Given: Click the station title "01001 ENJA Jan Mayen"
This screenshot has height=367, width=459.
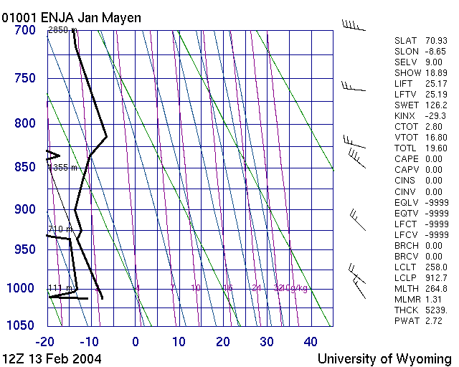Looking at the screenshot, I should pyautogui.click(x=72, y=17).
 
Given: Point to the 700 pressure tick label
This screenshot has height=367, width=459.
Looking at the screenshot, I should pyautogui.click(x=24, y=30).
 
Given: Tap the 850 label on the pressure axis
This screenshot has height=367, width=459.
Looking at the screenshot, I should pyautogui.click(x=24, y=167).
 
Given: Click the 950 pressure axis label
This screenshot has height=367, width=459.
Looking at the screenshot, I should pyautogui.click(x=24, y=249).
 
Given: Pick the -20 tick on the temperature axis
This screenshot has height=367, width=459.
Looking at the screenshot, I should pyautogui.click(x=47, y=341).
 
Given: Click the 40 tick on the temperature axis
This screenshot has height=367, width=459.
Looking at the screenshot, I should pyautogui.click(x=311, y=341).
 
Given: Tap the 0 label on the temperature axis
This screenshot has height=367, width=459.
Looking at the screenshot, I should pyautogui.click(x=136, y=341).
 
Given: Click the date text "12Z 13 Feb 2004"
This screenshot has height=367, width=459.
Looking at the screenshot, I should pyautogui.click(x=52, y=358).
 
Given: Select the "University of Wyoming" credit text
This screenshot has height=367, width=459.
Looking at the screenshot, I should pyautogui.click(x=384, y=358).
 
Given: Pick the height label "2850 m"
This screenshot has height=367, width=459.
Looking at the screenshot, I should pyautogui.click(x=62, y=30).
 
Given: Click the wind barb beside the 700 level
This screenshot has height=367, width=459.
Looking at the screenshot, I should pyautogui.click(x=354, y=26).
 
